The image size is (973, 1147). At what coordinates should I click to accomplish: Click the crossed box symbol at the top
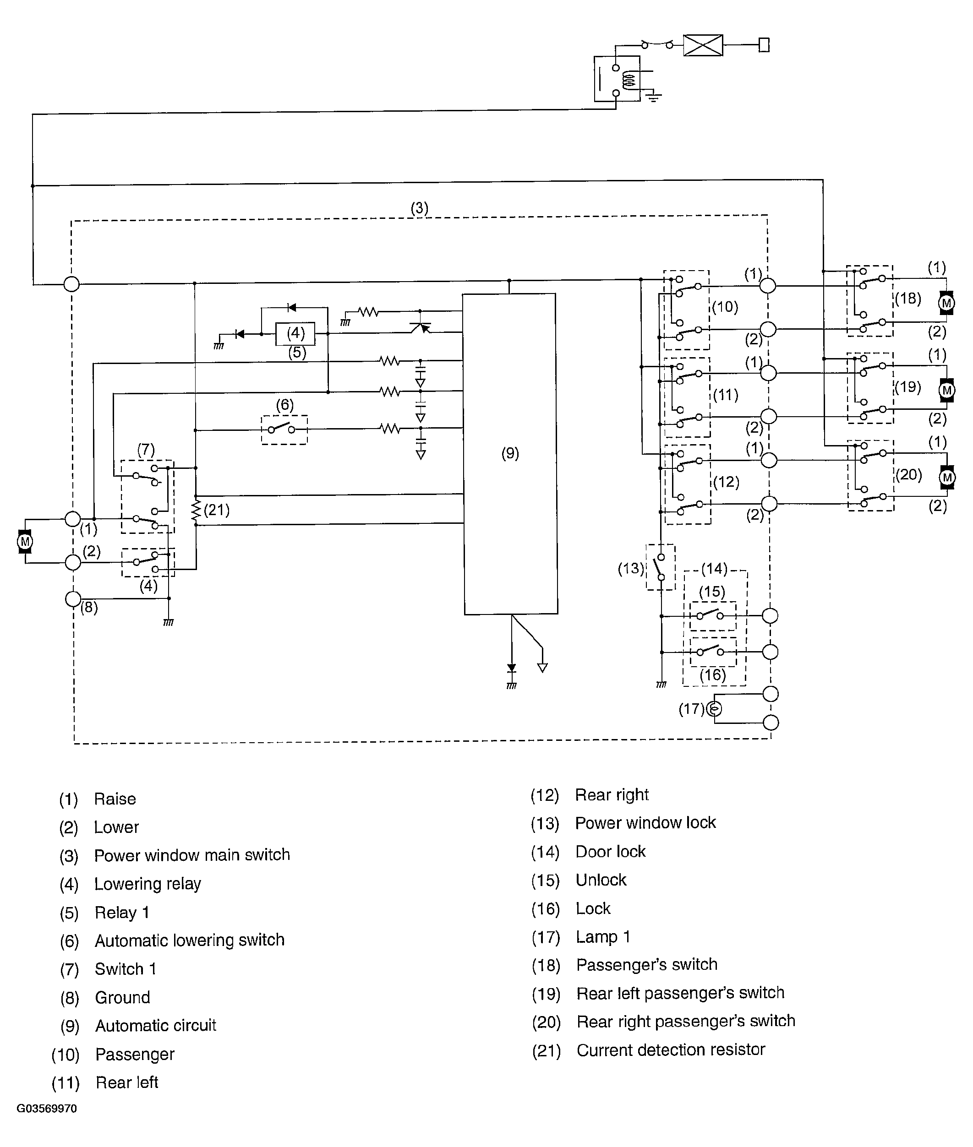(703, 45)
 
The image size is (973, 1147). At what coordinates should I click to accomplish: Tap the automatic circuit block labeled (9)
(510, 454)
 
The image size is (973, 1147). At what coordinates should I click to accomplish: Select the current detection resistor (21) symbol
(195, 511)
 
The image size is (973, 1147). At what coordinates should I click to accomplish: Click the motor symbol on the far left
(25, 541)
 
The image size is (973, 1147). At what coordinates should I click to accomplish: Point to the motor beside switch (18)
(946, 303)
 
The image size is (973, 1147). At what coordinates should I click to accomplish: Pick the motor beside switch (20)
(947, 477)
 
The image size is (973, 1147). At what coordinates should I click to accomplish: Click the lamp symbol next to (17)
(714, 709)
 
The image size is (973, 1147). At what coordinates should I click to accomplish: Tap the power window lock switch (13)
(660, 567)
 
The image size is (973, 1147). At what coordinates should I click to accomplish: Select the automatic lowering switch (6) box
(284, 430)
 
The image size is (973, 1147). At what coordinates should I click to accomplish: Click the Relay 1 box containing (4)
(295, 333)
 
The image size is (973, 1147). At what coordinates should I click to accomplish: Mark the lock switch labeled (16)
(713, 652)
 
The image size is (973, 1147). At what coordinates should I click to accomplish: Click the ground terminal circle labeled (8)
(73, 598)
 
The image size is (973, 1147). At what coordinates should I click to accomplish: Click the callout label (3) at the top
(419, 208)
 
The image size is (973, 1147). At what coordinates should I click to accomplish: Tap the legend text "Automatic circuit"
(156, 1025)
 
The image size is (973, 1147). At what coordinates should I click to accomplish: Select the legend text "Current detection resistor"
(671, 1049)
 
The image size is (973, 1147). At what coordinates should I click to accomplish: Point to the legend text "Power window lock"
(645, 822)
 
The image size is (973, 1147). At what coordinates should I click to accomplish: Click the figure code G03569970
(47, 1109)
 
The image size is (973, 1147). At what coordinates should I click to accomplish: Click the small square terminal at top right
(764, 45)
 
